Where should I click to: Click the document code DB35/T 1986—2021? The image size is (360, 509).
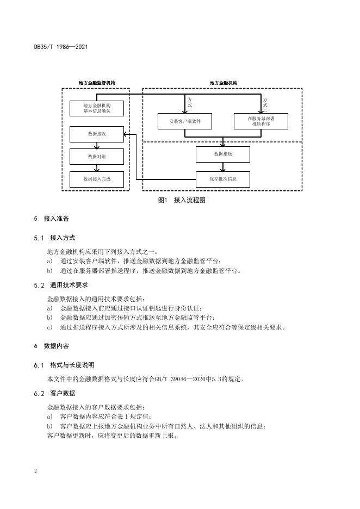coord(61,47)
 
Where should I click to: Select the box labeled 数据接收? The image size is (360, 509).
coord(97,134)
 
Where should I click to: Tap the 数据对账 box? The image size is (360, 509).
coord(97,157)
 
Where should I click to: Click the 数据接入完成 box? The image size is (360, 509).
coord(97,179)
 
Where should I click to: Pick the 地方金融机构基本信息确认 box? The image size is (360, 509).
coord(97,108)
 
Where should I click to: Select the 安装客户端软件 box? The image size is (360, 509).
coord(185,121)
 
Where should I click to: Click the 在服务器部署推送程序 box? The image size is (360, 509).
coord(261,121)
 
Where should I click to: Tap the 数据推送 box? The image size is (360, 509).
coord(222,154)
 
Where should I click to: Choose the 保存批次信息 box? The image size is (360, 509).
coord(222,179)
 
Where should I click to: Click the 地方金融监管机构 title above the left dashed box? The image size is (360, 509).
coord(97,83)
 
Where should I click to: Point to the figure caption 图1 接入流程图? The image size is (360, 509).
coord(182,200)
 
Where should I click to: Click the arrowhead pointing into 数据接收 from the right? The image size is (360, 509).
coord(127,134)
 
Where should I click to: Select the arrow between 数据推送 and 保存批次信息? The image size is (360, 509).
coord(222,167)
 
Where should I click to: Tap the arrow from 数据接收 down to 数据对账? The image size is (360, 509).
coord(97,145)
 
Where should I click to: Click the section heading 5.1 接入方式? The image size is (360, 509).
coord(54,238)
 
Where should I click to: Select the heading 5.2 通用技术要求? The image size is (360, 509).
coord(61,285)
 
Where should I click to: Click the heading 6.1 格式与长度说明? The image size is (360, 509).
coord(64,365)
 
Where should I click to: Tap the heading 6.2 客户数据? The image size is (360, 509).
coord(54,393)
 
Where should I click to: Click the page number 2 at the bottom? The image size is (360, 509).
coord(35,471)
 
